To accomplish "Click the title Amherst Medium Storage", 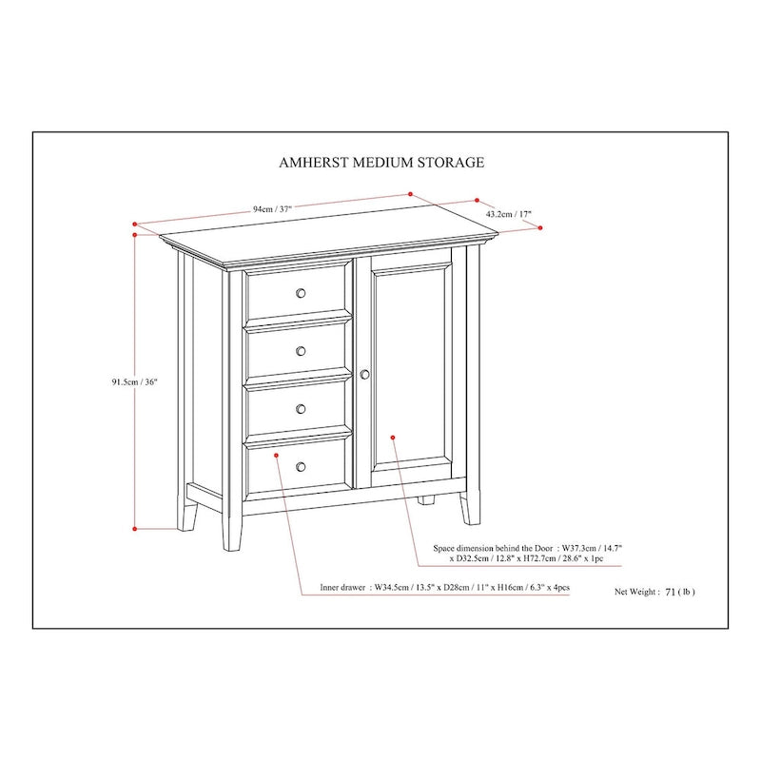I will click(x=380, y=162).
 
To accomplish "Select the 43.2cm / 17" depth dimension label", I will click(x=509, y=215).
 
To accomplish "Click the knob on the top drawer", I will click(x=301, y=293).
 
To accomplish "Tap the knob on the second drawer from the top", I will click(x=301, y=351).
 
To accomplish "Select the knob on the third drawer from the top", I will click(x=301, y=409).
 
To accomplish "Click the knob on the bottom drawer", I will click(x=301, y=466).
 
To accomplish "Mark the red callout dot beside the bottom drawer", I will click(x=276, y=456).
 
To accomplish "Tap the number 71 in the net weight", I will click(x=671, y=591).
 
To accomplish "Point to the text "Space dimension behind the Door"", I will click(x=494, y=549).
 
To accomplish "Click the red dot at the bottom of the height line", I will click(x=136, y=527).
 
